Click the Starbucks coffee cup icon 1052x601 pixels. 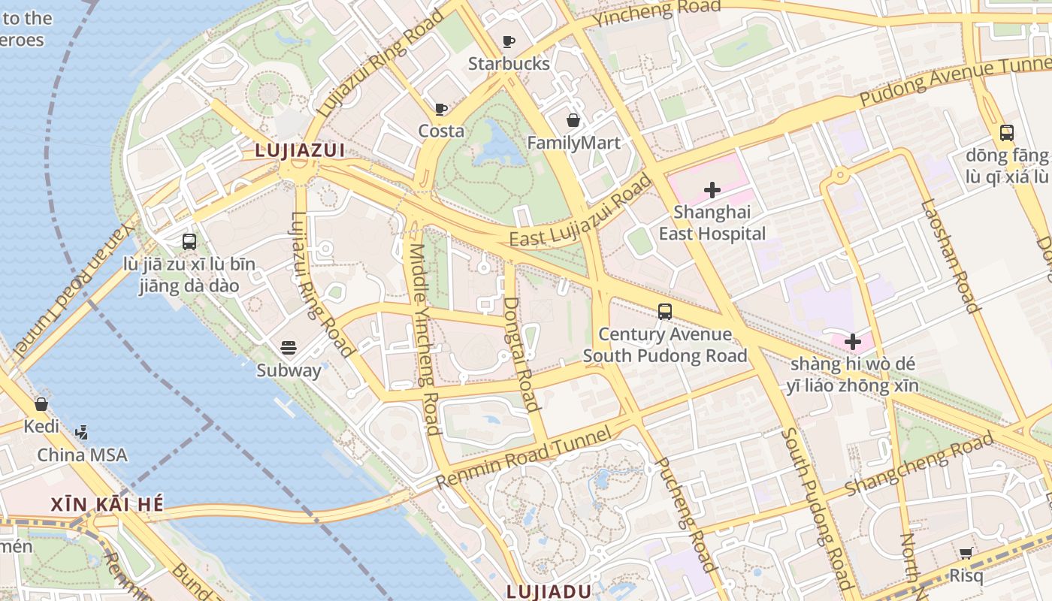click(x=509, y=41)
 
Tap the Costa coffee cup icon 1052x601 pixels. click(x=441, y=109)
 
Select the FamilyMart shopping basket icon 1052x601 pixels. click(x=573, y=120)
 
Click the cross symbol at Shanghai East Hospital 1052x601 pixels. click(x=712, y=190)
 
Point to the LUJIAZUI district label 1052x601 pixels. click(x=300, y=150)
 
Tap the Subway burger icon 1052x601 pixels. click(x=289, y=347)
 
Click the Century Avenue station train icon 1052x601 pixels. click(x=664, y=311)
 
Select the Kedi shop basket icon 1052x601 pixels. click(x=41, y=404)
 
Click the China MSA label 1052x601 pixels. click(x=82, y=455)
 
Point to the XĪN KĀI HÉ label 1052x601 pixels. click(x=107, y=504)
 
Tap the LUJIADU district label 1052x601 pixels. click(x=549, y=591)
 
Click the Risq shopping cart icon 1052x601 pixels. click(x=966, y=554)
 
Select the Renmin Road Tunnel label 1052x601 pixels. click(x=524, y=458)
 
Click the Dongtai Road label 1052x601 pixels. click(x=521, y=354)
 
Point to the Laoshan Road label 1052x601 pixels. click(x=951, y=255)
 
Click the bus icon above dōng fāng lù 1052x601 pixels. click(x=1007, y=133)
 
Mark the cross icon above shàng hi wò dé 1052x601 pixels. click(x=853, y=342)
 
